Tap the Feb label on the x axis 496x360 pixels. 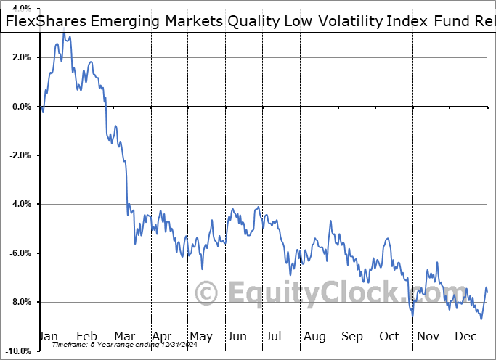[88, 336]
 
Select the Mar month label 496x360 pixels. [126, 336]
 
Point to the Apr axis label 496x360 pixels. [163, 336]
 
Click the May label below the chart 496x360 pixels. [200, 336]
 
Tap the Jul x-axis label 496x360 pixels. [275, 336]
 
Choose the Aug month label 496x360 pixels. [314, 336]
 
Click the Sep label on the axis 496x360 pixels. [352, 336]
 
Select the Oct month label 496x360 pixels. [389, 336]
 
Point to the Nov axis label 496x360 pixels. [428, 336]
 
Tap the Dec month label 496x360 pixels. [465, 336]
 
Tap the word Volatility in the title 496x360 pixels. [349, 20]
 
